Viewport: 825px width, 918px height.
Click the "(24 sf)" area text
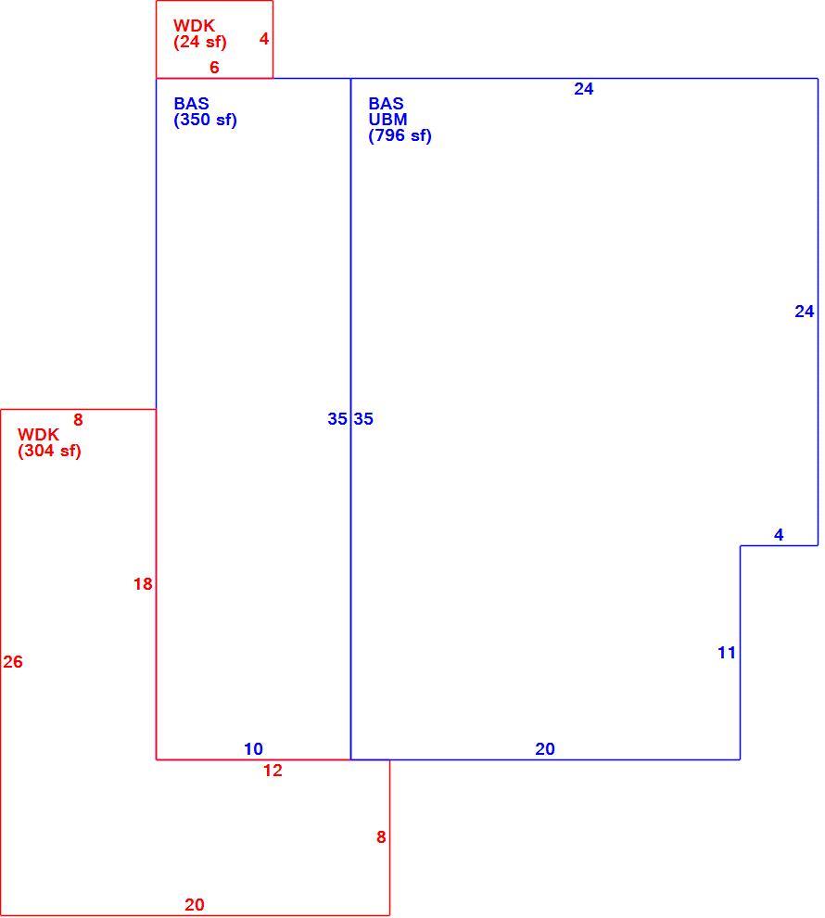[x=200, y=42]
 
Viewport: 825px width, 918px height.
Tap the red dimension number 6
[x=214, y=68]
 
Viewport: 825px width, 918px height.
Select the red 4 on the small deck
[x=264, y=39]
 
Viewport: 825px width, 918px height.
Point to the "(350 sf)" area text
[x=206, y=120]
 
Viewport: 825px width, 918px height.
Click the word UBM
[x=387, y=120]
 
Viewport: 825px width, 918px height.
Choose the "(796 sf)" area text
[x=400, y=135]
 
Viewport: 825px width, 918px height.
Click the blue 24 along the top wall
[x=583, y=89]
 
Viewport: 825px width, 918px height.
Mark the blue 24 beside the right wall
[x=805, y=312]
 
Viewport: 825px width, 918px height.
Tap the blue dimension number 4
[x=779, y=534]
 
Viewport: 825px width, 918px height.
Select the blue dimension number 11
[x=727, y=653]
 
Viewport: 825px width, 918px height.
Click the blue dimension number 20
[x=545, y=749]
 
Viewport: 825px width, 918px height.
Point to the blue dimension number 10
[x=253, y=749]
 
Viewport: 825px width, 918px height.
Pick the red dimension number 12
[x=273, y=771]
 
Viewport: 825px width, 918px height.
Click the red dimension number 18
[x=143, y=583]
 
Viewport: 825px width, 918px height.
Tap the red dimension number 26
[x=13, y=661]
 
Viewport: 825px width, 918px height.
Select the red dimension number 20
[x=195, y=904]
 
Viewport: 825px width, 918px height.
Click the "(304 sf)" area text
[x=50, y=451]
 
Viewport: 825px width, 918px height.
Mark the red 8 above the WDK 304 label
[x=78, y=420]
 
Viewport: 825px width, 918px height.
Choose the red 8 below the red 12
[x=381, y=837]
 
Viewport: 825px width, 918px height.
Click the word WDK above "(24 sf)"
[x=195, y=26]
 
